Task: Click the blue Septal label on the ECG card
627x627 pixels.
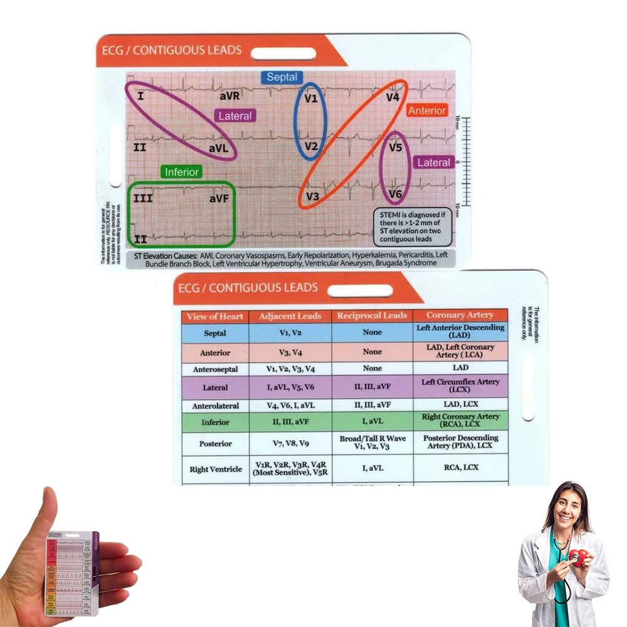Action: tap(282, 77)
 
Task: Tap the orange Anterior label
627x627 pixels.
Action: tap(427, 110)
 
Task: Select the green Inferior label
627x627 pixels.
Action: tap(182, 171)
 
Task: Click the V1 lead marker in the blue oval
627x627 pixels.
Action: tap(311, 99)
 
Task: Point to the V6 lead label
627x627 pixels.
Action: tap(395, 194)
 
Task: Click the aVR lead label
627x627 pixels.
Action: tap(229, 97)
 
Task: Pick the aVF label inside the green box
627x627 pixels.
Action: tap(220, 199)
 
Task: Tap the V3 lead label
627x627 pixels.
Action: tap(313, 196)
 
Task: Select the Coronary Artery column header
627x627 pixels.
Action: tap(460, 315)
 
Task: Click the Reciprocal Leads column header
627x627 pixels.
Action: tap(372, 315)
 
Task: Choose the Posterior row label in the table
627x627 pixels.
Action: tap(215, 443)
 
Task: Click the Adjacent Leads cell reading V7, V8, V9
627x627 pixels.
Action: tap(290, 443)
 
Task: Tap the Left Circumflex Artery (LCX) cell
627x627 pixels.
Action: tap(460, 386)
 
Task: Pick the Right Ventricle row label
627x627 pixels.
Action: tap(215, 469)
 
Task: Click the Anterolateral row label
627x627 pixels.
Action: tap(215, 406)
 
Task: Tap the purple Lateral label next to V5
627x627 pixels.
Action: tap(434, 162)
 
